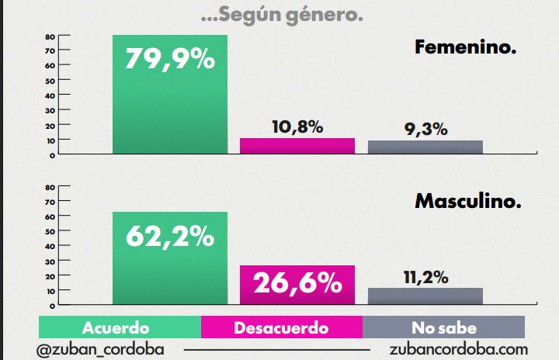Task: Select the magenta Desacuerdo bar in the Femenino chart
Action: pos(297,146)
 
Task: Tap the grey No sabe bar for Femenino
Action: pos(425,147)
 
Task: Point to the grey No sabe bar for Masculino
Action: pos(425,296)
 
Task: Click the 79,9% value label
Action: pos(171,60)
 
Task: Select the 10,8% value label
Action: pos(297,126)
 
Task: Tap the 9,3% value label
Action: pos(426,130)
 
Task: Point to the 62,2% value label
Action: pos(171,236)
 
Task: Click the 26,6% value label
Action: pos(297,283)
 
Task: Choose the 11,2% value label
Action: pos(426,277)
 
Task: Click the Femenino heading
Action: pos(466,48)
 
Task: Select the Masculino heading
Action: pos(467,202)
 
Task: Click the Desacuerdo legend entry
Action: pos(281,327)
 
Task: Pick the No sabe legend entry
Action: pos(444,327)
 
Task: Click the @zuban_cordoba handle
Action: pos(100,349)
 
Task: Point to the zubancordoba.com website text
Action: pos(459,349)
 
